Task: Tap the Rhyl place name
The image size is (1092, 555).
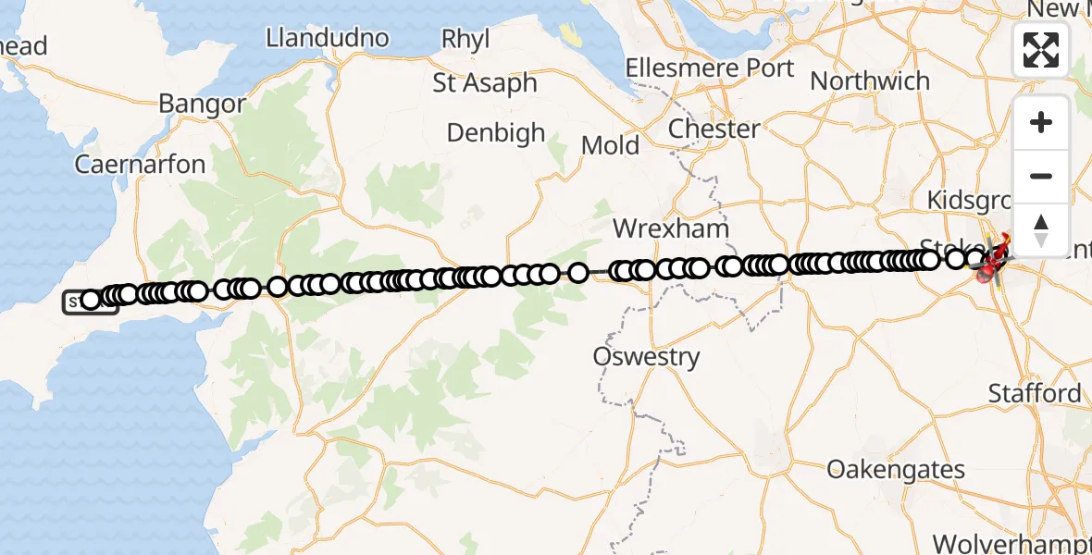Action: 465,39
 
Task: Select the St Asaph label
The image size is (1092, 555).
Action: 485,82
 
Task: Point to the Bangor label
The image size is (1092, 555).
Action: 202,104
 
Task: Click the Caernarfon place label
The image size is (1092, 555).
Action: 140,165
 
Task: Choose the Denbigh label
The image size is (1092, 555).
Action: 496,133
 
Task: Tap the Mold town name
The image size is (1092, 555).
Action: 610,145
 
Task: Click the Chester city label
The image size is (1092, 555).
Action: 714,129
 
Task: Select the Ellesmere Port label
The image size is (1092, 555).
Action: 709,68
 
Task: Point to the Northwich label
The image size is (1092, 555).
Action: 870,80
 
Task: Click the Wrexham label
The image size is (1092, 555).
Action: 672,228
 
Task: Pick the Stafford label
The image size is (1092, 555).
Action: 1035,393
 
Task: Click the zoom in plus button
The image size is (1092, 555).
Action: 1041,122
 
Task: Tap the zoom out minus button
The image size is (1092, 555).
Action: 1041,176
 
